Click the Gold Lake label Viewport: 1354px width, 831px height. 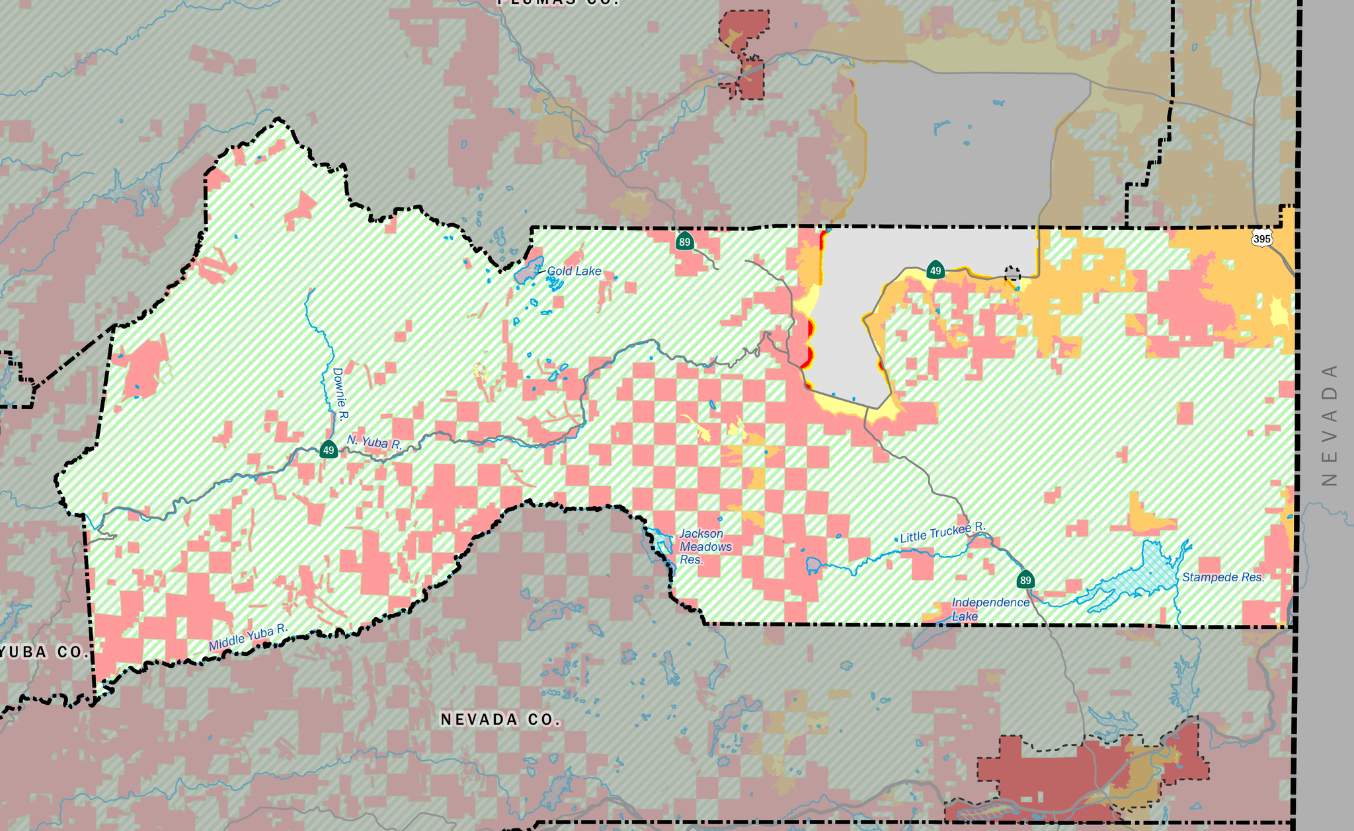(x=574, y=271)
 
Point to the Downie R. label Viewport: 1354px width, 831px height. (x=340, y=394)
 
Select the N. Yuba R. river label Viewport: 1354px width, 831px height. (x=374, y=443)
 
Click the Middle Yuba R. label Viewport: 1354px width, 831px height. (x=248, y=637)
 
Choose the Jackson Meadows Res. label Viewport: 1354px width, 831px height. (x=705, y=547)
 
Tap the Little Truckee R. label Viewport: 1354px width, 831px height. (x=943, y=532)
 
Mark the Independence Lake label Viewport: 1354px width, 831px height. (x=990, y=609)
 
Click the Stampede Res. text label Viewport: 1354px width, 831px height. (x=1223, y=577)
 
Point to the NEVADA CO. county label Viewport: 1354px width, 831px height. (x=500, y=719)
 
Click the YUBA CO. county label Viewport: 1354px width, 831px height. (x=43, y=653)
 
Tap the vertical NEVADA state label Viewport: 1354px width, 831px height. (x=1330, y=425)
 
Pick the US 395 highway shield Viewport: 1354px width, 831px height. (x=1261, y=238)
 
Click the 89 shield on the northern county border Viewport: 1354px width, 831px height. (x=684, y=242)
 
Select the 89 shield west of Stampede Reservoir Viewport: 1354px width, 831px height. (x=1025, y=581)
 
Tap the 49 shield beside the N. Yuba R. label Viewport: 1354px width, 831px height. (x=329, y=451)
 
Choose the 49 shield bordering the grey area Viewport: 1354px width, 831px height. (x=935, y=270)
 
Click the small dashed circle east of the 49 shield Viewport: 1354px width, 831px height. (x=1012, y=273)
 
